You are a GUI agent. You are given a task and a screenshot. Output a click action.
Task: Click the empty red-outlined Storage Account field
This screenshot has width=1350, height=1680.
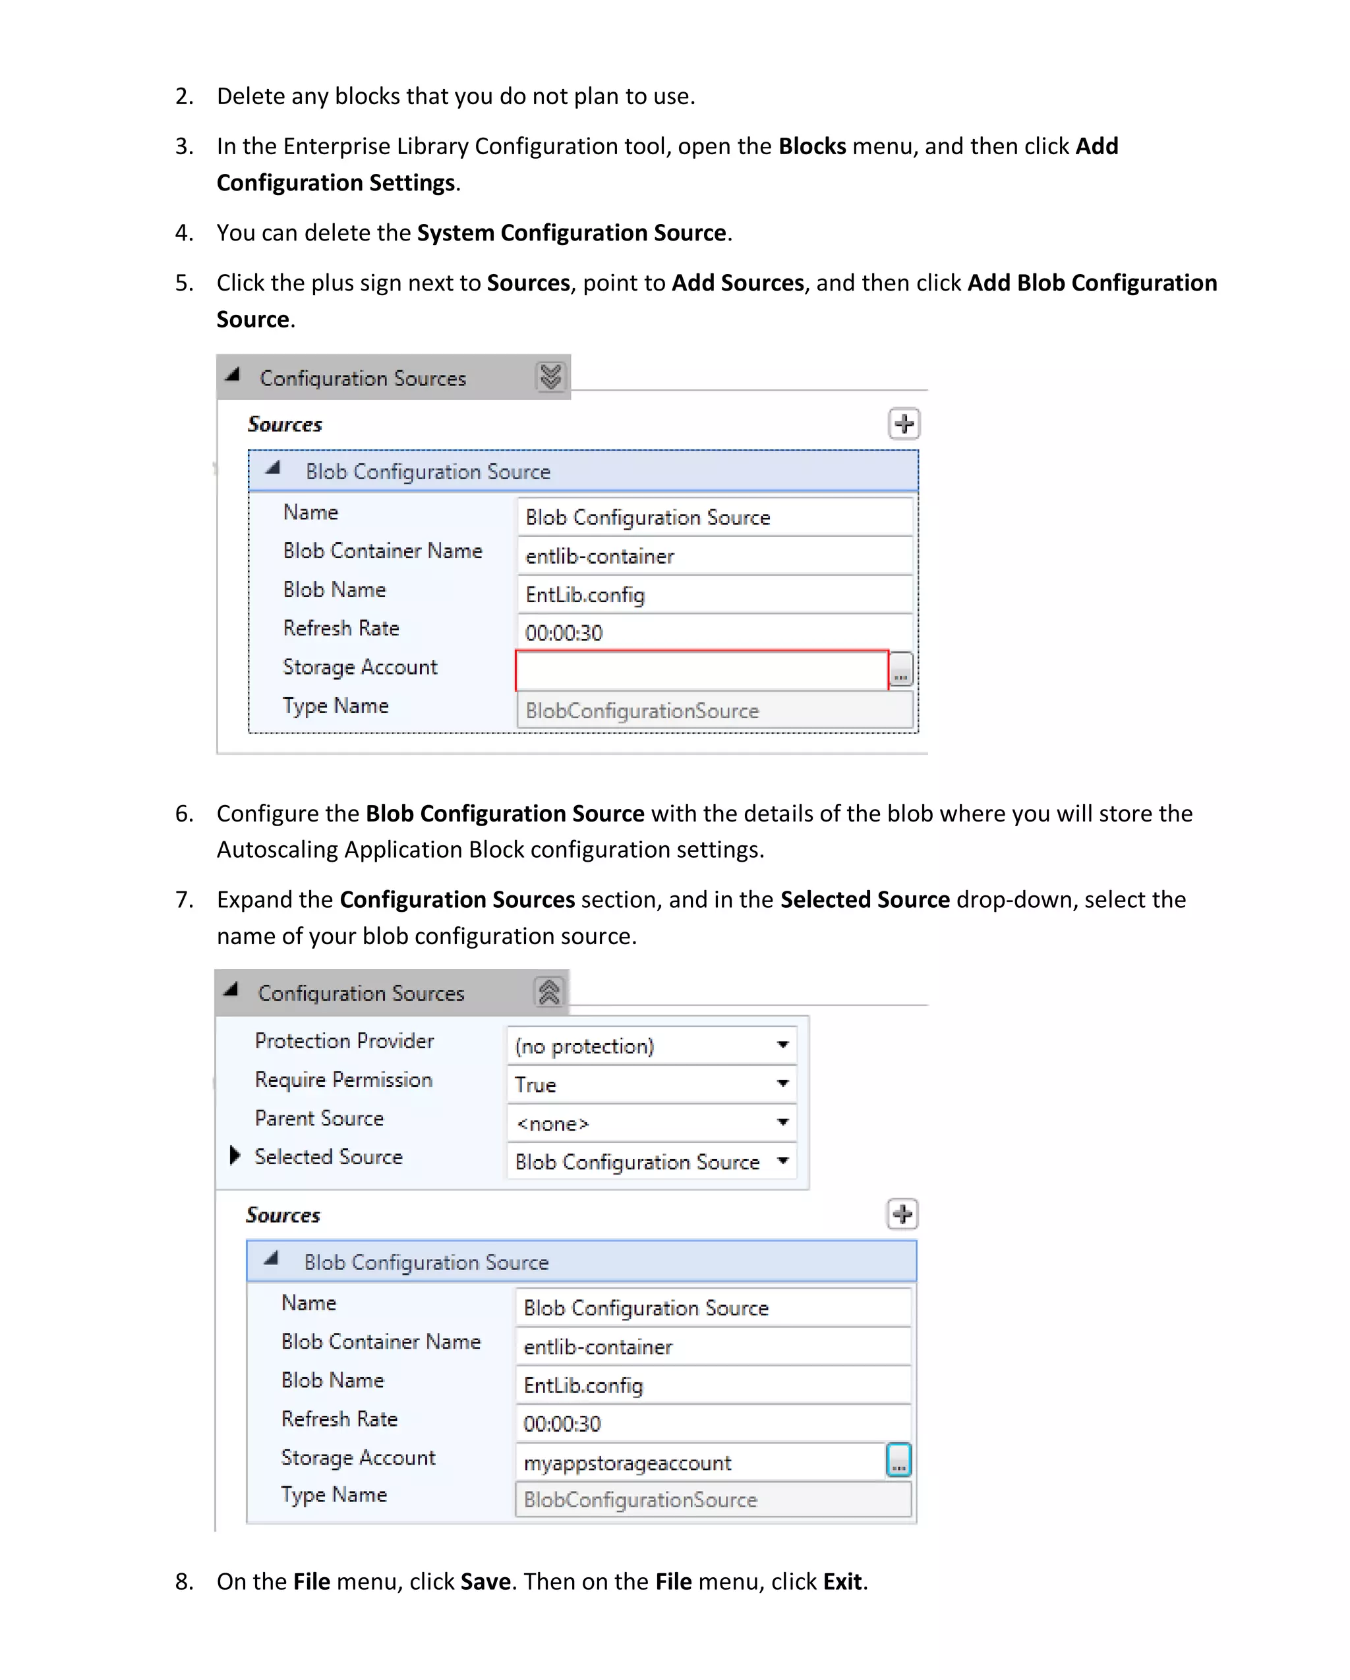pyautogui.click(x=701, y=670)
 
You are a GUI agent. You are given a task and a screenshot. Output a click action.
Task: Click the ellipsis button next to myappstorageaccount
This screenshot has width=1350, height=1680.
pyautogui.click(x=898, y=1460)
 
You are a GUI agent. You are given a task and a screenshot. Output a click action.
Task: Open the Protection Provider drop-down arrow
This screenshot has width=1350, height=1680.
pyautogui.click(x=782, y=1045)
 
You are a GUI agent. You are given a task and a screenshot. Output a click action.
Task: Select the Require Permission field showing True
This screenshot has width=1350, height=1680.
pyautogui.click(x=651, y=1084)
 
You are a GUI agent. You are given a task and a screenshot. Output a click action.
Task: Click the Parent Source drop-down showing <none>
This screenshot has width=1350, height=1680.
pyautogui.click(x=651, y=1123)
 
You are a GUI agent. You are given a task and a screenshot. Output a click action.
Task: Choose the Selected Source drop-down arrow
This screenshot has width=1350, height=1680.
pyautogui.click(x=782, y=1161)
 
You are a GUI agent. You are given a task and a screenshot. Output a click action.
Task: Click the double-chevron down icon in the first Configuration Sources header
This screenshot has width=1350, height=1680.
pyautogui.click(x=550, y=377)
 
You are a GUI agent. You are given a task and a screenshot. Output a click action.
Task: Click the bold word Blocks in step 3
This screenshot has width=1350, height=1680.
pyautogui.click(x=811, y=146)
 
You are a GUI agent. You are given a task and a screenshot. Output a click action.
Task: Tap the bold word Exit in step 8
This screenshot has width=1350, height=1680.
pyautogui.click(x=842, y=1582)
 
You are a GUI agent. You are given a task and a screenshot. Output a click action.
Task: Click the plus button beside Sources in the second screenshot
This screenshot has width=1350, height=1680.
pyautogui.click(x=902, y=1214)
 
